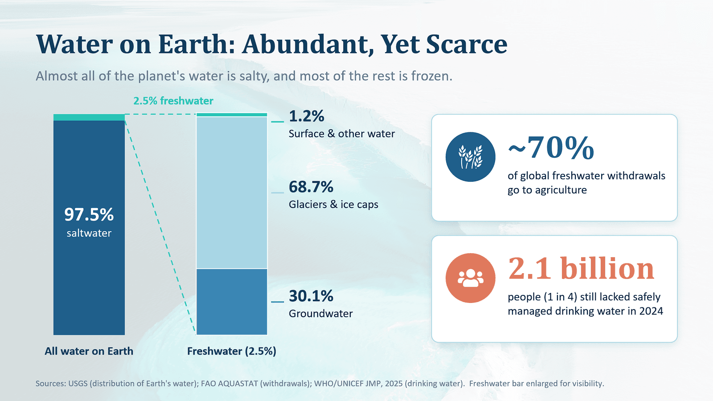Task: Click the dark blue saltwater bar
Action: tap(89, 228)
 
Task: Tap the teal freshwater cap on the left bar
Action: tap(89, 118)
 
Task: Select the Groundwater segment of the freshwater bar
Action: tap(232, 302)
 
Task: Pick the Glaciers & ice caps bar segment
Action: tap(232, 192)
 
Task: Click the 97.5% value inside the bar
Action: tap(89, 214)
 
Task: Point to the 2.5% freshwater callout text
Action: tap(173, 101)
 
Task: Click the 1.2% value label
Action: tap(307, 116)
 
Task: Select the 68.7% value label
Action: tap(311, 187)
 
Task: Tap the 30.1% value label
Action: tap(311, 296)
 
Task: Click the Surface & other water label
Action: tap(342, 134)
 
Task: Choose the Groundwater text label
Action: tap(321, 314)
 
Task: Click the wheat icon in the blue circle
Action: tap(471, 157)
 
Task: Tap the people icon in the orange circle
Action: tap(471, 278)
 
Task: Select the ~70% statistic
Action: tap(551, 147)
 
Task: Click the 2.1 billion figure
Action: tap(581, 269)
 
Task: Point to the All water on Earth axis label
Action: tap(89, 351)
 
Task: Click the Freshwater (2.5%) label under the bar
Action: tap(232, 352)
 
